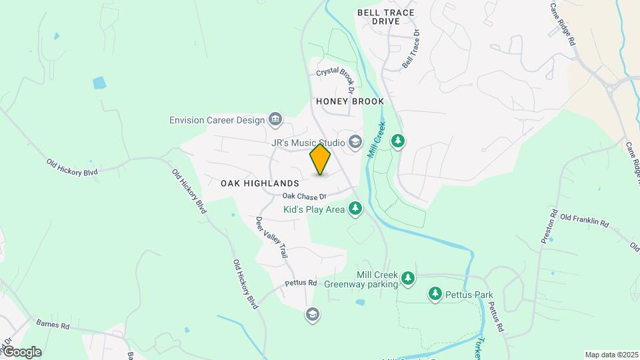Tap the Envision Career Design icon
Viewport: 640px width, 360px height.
pos(275,120)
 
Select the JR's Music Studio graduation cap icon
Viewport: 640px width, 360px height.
pos(355,141)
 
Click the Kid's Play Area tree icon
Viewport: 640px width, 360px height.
pos(355,209)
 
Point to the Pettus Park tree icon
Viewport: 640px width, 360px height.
pos(435,293)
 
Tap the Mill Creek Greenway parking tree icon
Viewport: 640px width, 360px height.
pos(407,279)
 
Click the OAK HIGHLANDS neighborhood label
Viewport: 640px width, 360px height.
pos(259,183)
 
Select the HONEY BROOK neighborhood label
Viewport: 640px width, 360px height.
pos(350,101)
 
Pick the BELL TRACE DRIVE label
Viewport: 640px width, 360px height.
pos(385,17)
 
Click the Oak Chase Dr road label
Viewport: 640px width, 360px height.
pos(304,196)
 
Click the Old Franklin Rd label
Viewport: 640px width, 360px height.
pos(584,221)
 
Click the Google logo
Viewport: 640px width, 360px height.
pos(22,352)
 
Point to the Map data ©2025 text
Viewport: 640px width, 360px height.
pos(611,355)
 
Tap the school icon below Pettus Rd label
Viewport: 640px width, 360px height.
pos(312,314)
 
